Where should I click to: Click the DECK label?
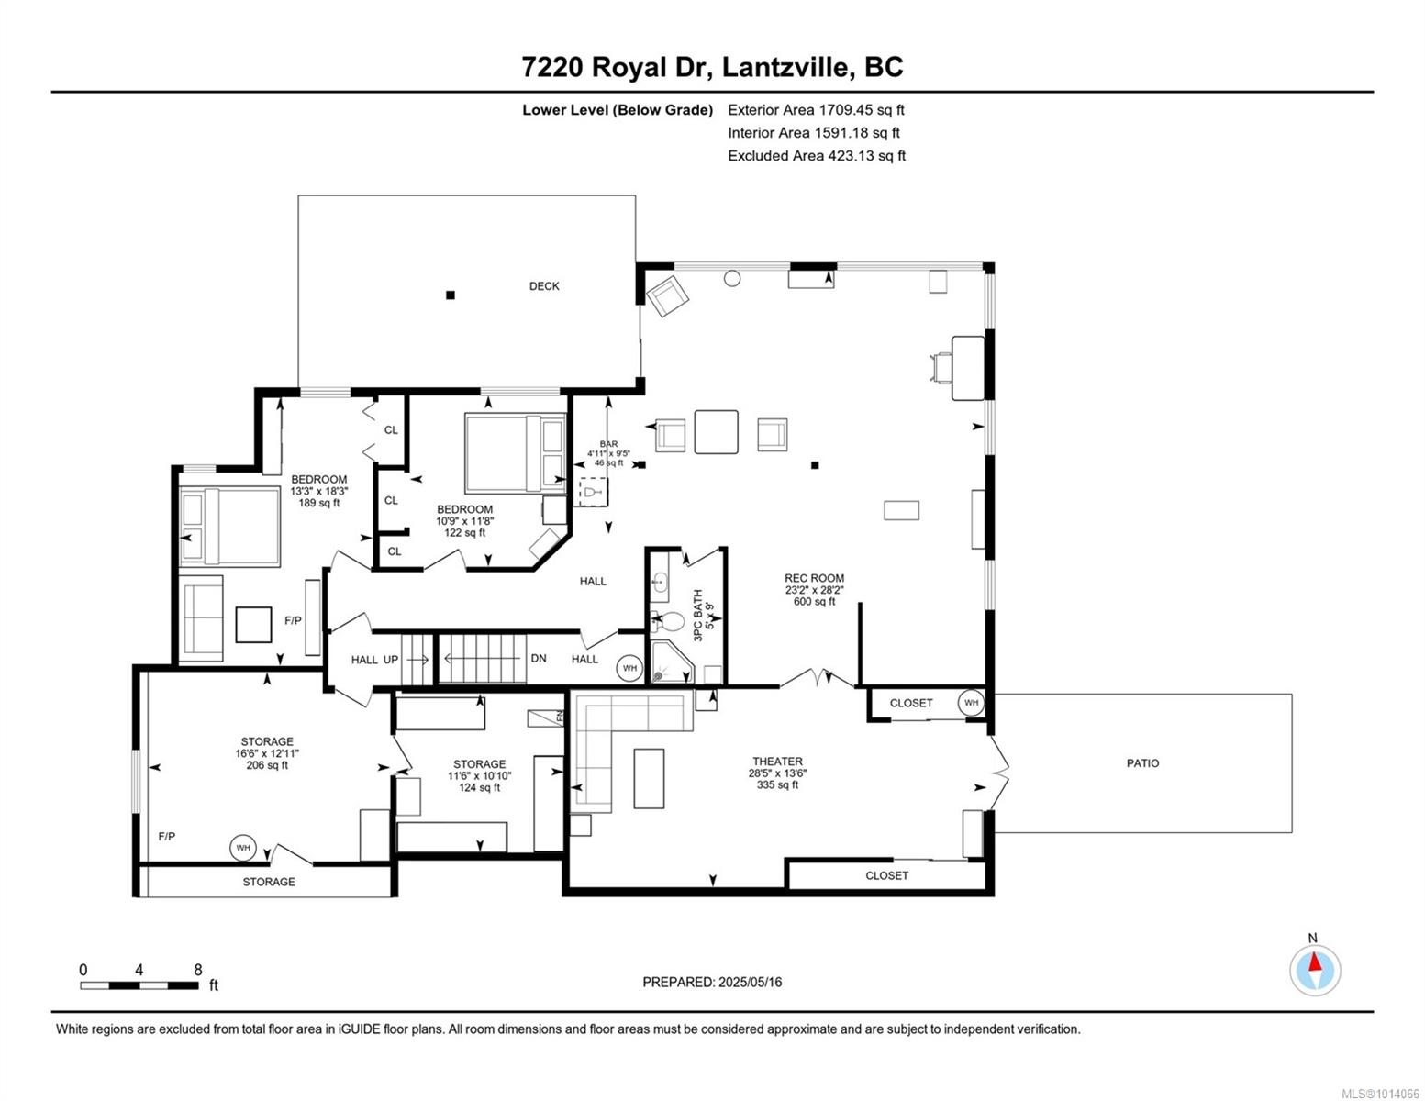(x=544, y=286)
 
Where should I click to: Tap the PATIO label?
(x=1142, y=763)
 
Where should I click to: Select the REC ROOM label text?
(x=814, y=578)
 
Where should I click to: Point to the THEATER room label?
(x=777, y=762)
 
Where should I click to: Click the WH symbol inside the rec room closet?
(x=971, y=702)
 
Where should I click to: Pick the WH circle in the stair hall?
(x=629, y=668)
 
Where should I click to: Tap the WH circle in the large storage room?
(x=243, y=848)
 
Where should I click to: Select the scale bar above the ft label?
(x=139, y=985)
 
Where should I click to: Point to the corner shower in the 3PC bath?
(x=673, y=663)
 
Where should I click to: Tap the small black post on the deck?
(x=450, y=295)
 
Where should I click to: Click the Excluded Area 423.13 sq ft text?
(x=817, y=156)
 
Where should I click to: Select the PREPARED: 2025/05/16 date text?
(x=712, y=983)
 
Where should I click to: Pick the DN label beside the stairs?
(x=539, y=658)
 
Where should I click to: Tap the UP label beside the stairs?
(x=390, y=660)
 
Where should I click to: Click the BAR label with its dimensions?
(x=608, y=453)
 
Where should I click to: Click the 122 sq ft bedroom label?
(x=465, y=532)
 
